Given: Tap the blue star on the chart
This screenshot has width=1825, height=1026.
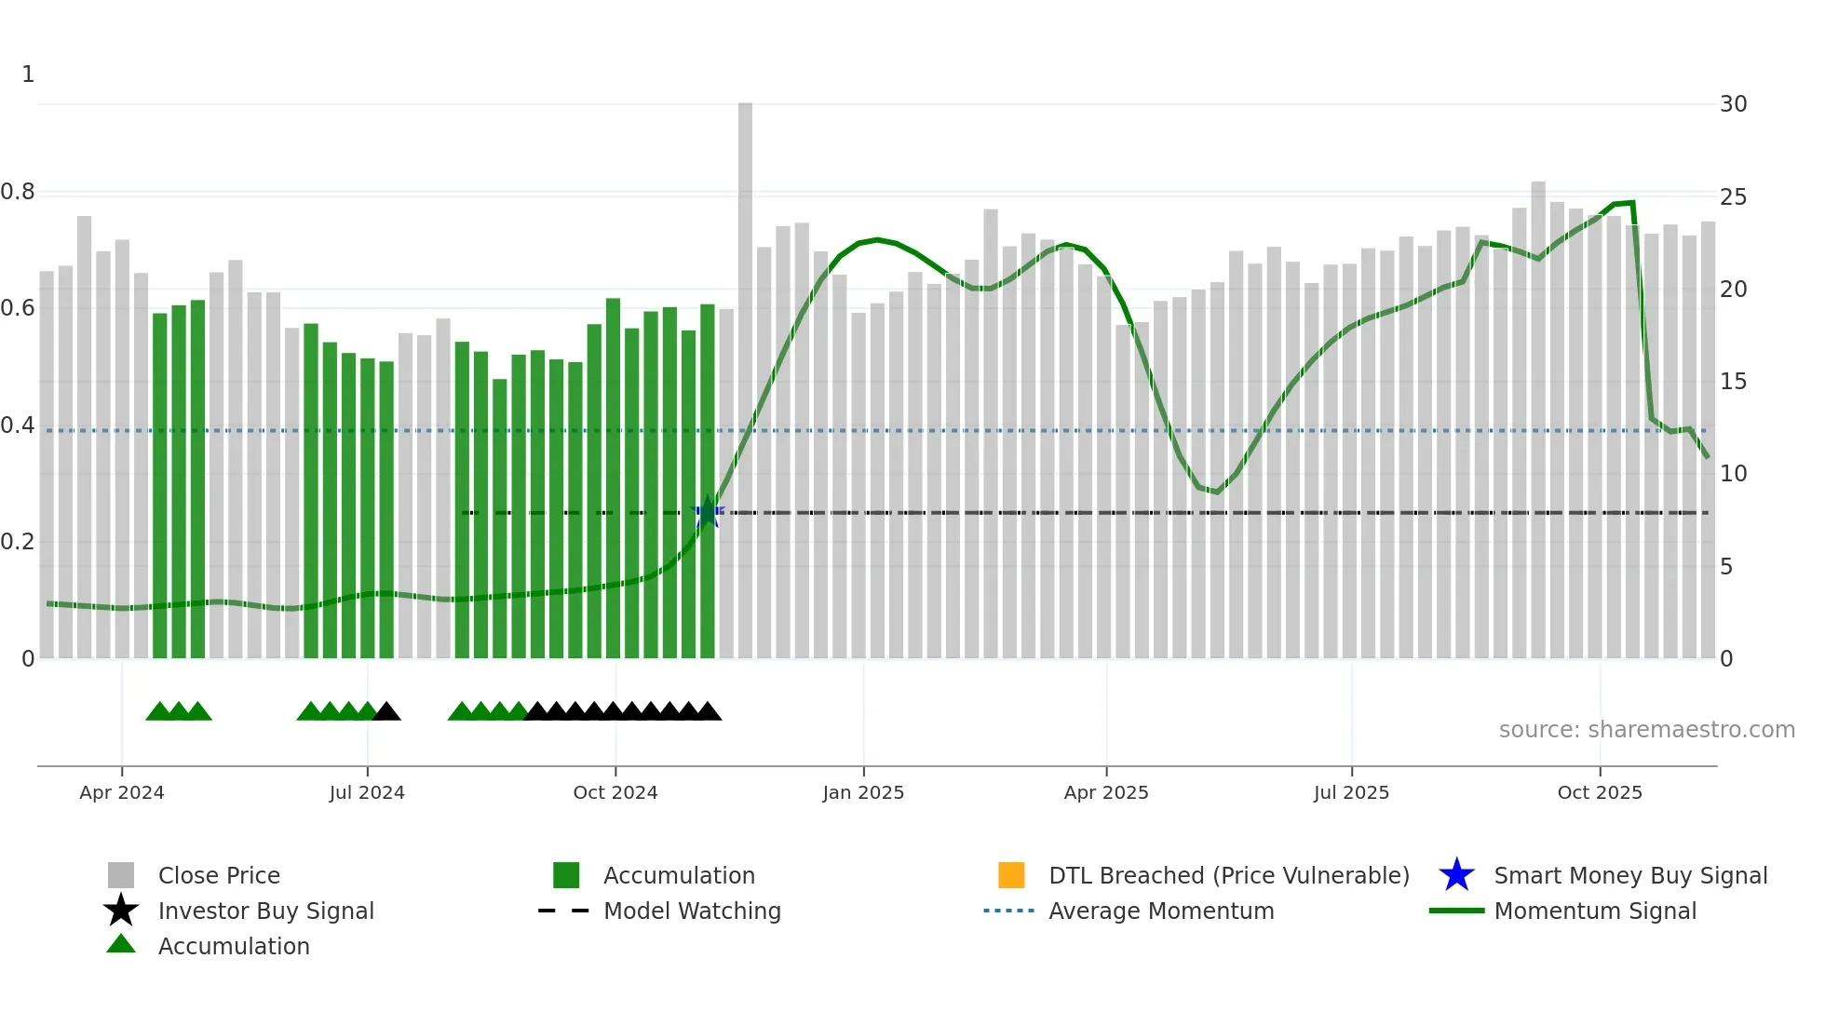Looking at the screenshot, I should pos(708,512).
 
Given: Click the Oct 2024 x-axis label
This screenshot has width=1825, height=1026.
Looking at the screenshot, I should pos(615,792).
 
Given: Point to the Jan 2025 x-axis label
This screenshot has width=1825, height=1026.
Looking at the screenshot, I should pos(863,792).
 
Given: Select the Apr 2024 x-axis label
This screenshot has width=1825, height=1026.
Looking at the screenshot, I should pos(122,792).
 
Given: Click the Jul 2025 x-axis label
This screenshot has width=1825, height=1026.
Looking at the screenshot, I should pos(1351,792).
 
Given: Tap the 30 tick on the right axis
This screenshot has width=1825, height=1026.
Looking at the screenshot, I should pos(1733,104).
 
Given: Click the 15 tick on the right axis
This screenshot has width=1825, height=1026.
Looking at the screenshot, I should pos(1733,382).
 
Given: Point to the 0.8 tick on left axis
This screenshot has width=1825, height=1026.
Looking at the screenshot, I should pos(18,193).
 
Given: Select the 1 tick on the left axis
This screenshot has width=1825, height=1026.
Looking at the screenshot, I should pos(28,74).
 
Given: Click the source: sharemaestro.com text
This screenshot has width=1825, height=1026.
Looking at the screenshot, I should pos(1646,730).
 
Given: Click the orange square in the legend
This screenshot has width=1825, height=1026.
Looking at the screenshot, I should pos(1011,875).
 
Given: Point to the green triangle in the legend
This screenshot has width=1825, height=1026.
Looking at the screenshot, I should pos(121,945).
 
